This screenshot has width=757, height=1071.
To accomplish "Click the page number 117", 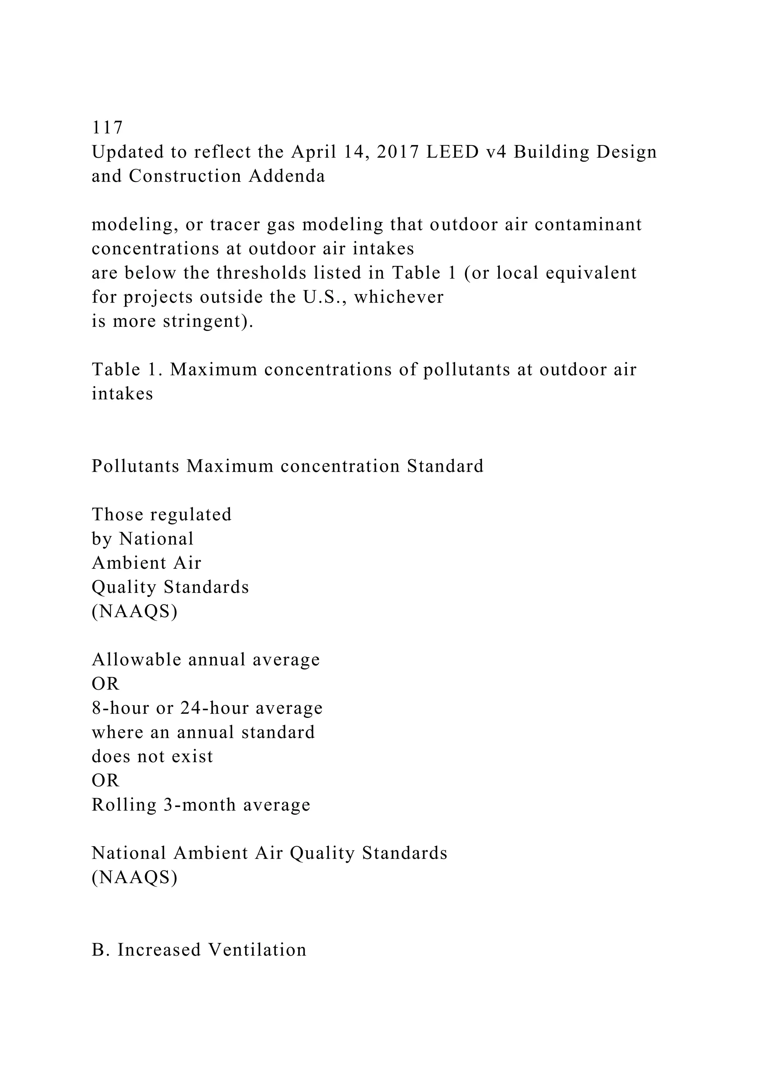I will point(107,127).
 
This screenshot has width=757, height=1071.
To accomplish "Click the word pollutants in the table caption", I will point(466,370).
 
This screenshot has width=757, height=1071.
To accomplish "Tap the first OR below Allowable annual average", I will point(105,684).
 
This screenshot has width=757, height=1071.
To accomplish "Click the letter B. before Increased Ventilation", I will point(100,950).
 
